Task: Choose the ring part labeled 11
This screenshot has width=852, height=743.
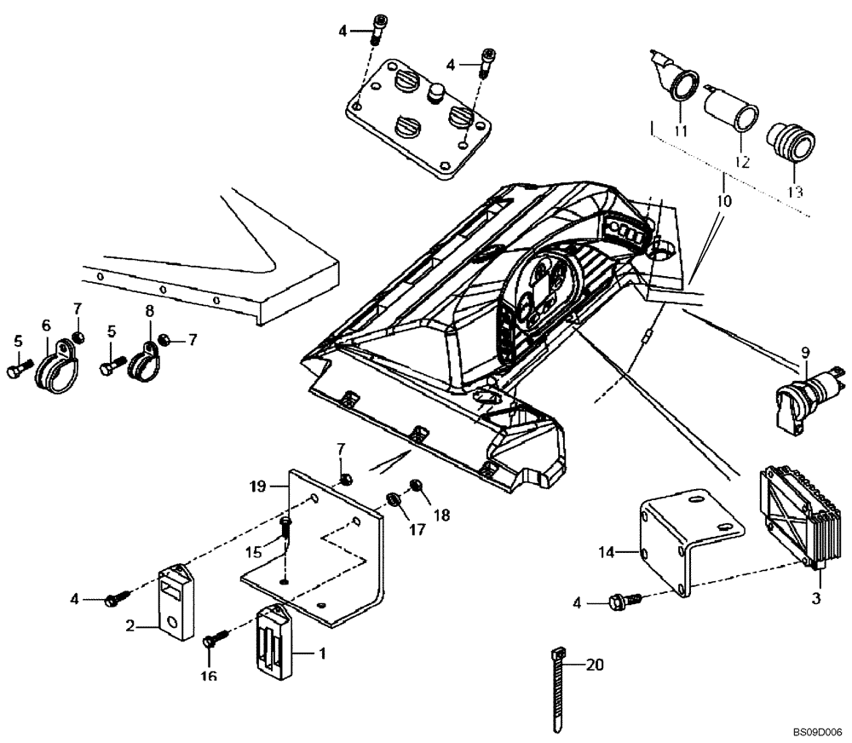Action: coord(680,88)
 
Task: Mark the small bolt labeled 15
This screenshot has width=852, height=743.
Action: coord(285,530)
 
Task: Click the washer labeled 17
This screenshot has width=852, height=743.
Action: coord(394,498)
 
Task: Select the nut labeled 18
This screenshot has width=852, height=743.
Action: coord(417,487)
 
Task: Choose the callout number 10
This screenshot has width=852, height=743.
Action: coord(723,203)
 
